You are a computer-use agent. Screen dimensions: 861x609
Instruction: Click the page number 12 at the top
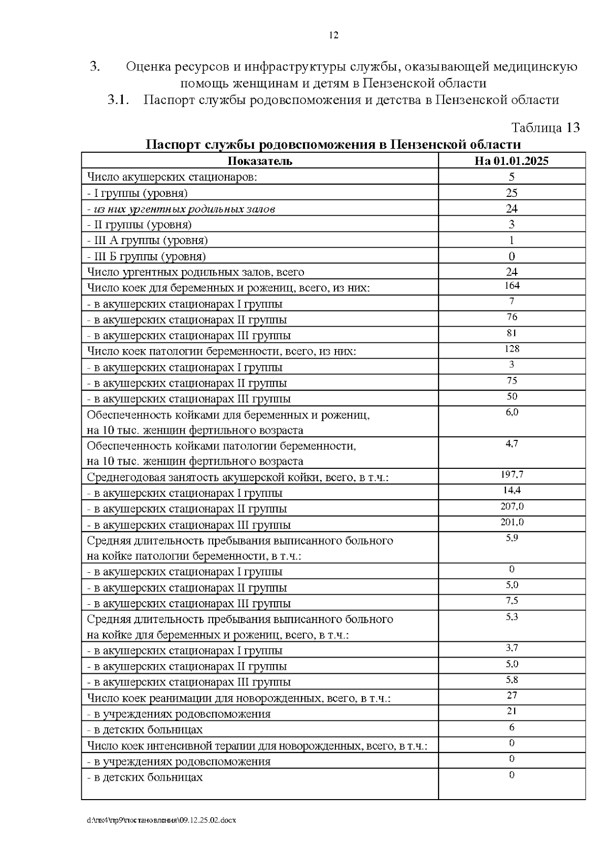pos(333,36)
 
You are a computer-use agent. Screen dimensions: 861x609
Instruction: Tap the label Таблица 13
pos(545,127)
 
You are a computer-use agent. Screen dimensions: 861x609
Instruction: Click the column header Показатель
pos(259,161)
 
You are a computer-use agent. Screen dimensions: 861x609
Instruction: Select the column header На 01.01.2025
pos(512,161)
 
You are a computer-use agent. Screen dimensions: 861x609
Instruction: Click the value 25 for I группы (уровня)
pos(512,193)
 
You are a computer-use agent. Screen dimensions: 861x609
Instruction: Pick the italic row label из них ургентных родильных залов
pos(181,209)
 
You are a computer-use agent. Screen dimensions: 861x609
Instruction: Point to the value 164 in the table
pos(512,286)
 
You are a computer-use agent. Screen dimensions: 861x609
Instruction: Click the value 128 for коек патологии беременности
pos(512,349)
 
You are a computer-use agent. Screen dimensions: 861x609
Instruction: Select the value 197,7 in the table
pos(512,475)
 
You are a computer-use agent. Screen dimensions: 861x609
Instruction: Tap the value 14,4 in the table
pos(512,491)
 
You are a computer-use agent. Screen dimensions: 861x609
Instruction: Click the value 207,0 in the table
pos(512,506)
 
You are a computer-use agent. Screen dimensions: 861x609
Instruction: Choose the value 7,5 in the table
pos(512,601)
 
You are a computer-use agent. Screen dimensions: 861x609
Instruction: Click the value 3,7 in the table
pos(512,648)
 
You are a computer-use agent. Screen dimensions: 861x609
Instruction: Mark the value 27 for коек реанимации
pos(512,696)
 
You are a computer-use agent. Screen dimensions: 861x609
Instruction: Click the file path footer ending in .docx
pos(161,820)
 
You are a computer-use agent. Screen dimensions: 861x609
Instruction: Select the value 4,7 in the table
pos(512,443)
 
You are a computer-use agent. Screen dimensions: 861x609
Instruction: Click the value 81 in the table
pos(512,333)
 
